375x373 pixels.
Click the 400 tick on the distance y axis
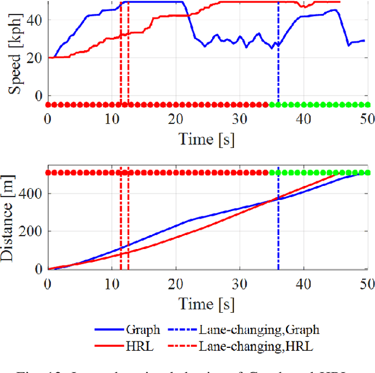(x=30, y=194)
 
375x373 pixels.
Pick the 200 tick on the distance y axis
(x=30, y=232)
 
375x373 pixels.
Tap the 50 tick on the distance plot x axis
(x=366, y=284)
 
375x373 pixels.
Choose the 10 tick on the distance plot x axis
(x=111, y=284)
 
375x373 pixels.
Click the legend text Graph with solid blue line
(x=142, y=330)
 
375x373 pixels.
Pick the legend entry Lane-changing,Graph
(x=260, y=330)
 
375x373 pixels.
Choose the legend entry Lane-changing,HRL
(x=256, y=347)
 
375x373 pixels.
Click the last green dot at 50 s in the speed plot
(x=367, y=105)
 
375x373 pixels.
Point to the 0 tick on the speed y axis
(x=39, y=95)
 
